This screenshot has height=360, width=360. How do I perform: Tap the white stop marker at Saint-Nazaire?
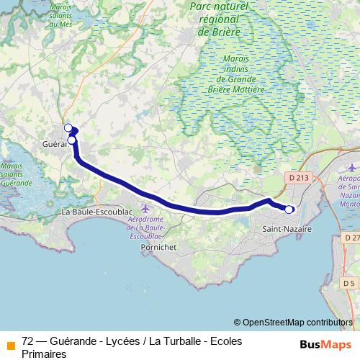(289, 210)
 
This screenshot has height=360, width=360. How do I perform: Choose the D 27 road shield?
(351, 238)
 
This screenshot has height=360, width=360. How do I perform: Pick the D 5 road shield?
(349, 282)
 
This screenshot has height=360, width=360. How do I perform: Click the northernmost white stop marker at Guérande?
(68, 128)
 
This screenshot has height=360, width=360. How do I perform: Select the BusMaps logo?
(323, 343)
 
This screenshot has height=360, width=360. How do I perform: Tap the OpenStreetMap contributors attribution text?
(297, 323)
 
